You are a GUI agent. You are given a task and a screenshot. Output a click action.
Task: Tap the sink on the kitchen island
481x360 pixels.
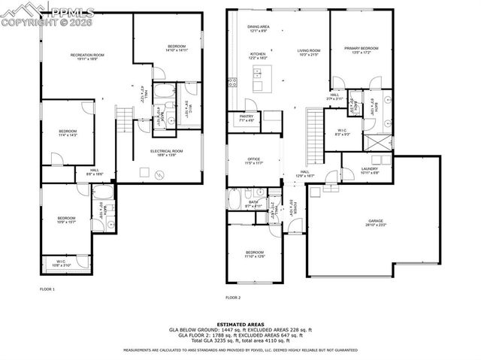tap(258, 73)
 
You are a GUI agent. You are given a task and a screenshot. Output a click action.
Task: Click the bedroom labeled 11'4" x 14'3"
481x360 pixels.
tap(66, 134)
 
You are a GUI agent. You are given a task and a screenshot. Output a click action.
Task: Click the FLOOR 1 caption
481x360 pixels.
tap(47, 289)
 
